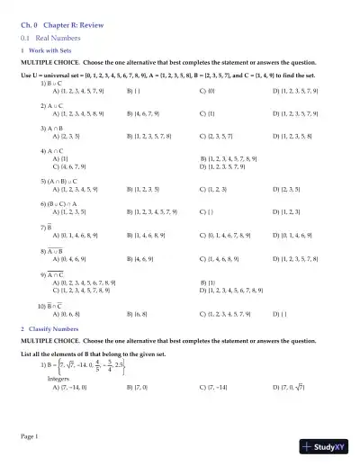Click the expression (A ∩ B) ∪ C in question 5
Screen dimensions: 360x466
tap(70, 181)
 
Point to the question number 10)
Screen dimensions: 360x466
tap(41, 305)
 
